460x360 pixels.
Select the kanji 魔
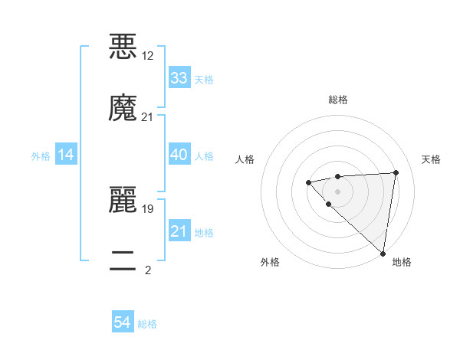pos(123,108)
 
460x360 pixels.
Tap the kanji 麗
pos(123,200)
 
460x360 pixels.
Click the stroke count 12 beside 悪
pos(147,56)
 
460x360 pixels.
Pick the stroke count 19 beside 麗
pos(147,208)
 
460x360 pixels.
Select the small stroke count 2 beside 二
pos(147,270)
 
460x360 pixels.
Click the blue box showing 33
pos(179,78)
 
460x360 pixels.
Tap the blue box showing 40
pos(179,155)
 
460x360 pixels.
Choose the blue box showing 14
pos(66,155)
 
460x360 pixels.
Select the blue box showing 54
pos(123,323)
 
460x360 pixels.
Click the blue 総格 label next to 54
pos(147,324)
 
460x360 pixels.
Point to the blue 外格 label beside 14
pos(41,156)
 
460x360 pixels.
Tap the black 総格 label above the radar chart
pos(338,100)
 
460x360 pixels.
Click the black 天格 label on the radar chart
pos(431,159)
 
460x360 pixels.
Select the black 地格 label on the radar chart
pos(402,262)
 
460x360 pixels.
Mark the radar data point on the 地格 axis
pos(383,254)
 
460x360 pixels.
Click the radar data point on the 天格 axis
pos(396,172)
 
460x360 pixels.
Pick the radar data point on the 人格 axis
pos(308,182)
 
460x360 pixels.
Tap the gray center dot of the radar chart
pos(337,191)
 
